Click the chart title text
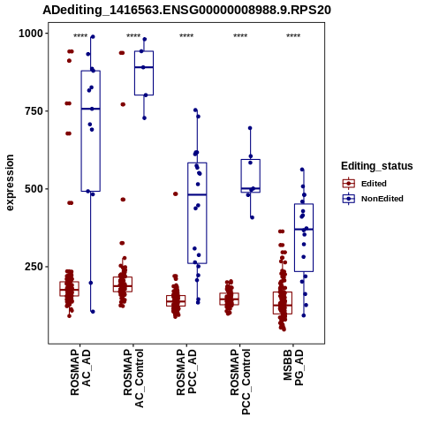(186, 11)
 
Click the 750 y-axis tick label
(34, 111)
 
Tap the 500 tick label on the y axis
(34, 189)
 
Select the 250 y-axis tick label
(34, 267)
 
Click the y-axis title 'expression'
(10, 183)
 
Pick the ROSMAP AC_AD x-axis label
(80, 372)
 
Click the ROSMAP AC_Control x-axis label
(133, 378)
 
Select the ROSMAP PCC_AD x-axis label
(186, 372)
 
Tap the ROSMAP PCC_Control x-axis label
(240, 382)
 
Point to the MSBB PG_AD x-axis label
(293, 367)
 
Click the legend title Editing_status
(377, 166)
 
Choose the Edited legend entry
(374, 184)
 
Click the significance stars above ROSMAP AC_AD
(80, 36)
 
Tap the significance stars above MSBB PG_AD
(293, 36)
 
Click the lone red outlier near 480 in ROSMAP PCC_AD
(176, 193)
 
